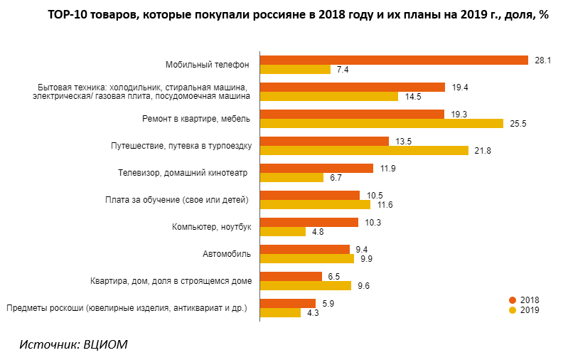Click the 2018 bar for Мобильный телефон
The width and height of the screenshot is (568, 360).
click(x=394, y=60)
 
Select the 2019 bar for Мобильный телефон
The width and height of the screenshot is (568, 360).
click(x=295, y=69)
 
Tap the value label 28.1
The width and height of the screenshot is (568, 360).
click(x=542, y=60)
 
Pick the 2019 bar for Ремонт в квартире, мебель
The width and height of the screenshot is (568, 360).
click(x=381, y=123)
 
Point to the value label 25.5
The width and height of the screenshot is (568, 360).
click(x=518, y=124)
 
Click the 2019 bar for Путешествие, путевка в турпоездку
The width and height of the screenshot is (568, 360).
click(x=364, y=150)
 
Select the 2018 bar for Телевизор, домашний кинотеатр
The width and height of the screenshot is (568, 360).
click(x=316, y=168)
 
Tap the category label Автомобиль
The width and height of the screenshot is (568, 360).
click(x=227, y=253)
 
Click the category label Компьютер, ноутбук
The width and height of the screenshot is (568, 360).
click(x=212, y=226)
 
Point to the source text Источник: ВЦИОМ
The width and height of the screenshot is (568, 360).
click(x=75, y=344)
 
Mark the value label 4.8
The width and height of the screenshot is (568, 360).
click(x=317, y=232)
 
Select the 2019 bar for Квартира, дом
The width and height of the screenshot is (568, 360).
click(x=306, y=285)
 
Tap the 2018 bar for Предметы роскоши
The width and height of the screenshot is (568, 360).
click(x=288, y=303)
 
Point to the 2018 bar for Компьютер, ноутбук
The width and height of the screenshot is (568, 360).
click(x=309, y=222)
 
